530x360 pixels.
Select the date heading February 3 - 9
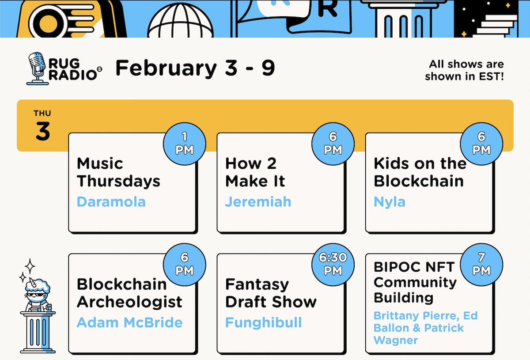(x=195, y=68)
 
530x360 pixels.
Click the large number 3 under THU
(x=42, y=132)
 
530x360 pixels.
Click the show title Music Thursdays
(x=118, y=172)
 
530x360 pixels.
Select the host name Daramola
(x=111, y=202)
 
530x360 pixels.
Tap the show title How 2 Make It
(x=255, y=172)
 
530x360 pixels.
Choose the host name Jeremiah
(x=258, y=202)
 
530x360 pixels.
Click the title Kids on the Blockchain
(x=420, y=172)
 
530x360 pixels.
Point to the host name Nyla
(x=389, y=202)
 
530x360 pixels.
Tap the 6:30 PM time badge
(x=333, y=264)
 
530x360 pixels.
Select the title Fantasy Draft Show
(x=270, y=293)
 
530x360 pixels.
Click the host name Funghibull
(x=263, y=322)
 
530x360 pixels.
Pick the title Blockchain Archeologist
(x=129, y=293)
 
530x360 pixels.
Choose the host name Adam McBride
(x=129, y=322)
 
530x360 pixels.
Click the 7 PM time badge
(x=481, y=264)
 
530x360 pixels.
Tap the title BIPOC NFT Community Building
(x=415, y=282)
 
